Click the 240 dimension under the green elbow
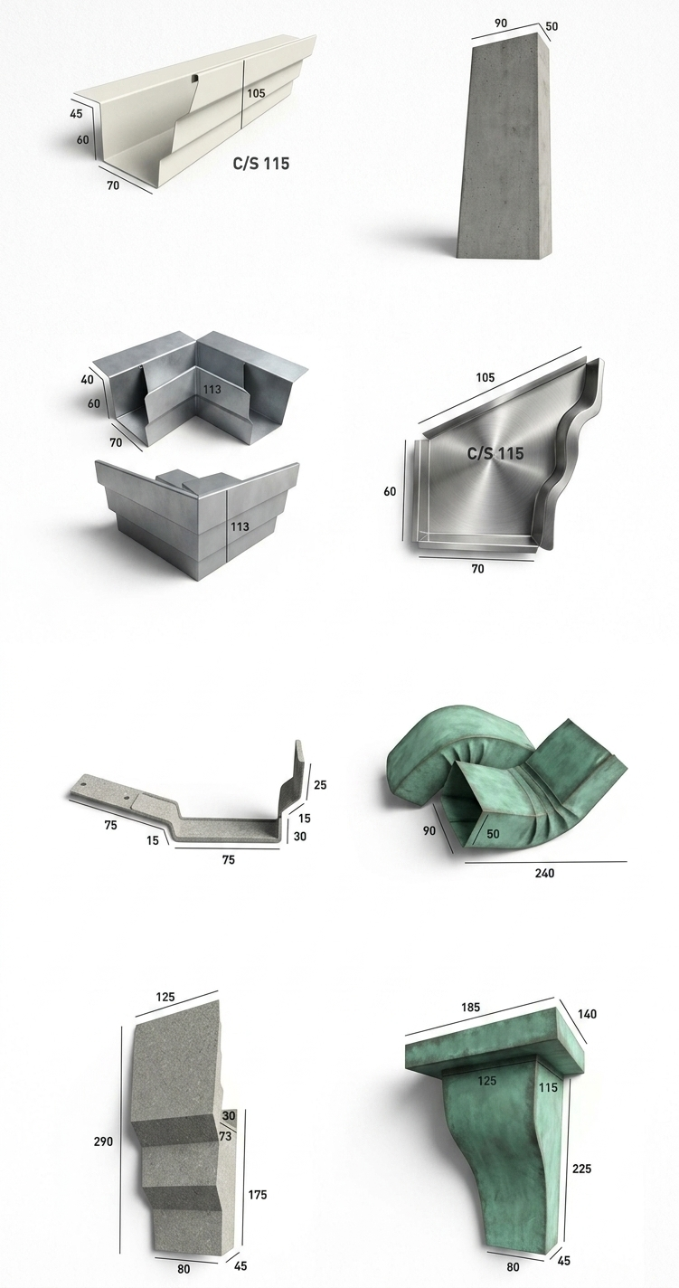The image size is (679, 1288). click(x=544, y=874)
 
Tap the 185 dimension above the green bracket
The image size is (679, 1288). click(x=470, y=1008)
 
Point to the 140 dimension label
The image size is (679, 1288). click(x=587, y=1014)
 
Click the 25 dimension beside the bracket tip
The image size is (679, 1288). click(x=320, y=784)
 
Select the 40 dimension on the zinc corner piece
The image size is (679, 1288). click(x=87, y=380)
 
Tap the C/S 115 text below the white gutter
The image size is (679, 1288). click(x=260, y=164)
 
